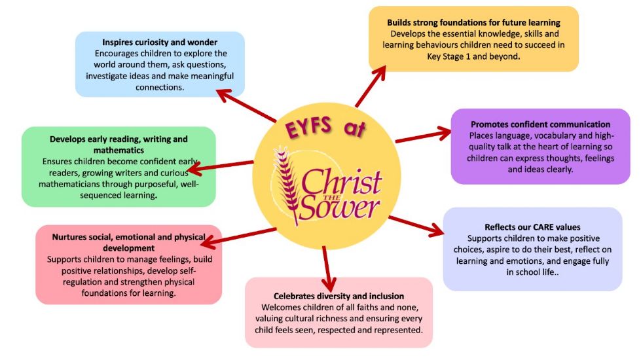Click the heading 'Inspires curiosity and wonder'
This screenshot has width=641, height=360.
pyautogui.click(x=160, y=43)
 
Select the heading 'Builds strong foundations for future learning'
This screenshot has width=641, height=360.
pyautogui.click(x=473, y=22)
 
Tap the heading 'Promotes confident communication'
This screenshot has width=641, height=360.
pyautogui.click(x=540, y=124)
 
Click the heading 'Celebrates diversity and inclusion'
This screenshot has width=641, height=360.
pyautogui.click(x=339, y=296)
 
